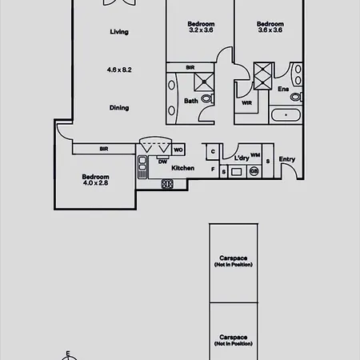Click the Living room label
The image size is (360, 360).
[119, 32]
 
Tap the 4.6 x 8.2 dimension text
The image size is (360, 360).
[119, 70]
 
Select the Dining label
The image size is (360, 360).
[119, 108]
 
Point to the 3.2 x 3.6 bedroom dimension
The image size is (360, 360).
[201, 30]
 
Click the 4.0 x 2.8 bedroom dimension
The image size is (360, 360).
[95, 183]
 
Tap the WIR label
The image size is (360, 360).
[246, 103]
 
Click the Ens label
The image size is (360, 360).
[283, 89]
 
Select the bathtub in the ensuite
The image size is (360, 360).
[286, 115]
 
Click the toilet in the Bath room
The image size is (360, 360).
[207, 98]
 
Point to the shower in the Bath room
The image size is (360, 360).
[204, 82]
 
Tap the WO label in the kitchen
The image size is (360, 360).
[178, 150]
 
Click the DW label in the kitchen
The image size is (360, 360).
[162, 162]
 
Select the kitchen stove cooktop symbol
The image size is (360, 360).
[167, 184]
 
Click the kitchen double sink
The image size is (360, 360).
[142, 167]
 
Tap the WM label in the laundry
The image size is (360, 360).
[255, 155]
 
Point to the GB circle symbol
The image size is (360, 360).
[254, 171]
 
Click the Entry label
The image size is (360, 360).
[287, 159]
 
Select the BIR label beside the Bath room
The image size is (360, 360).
[190, 68]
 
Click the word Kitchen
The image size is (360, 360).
[183, 168]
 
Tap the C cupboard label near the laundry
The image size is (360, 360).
[213, 151]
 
